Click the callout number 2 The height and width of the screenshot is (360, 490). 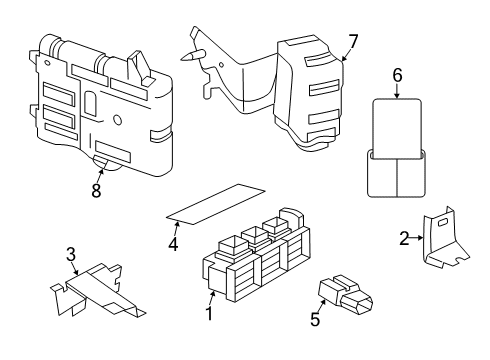[x=405, y=238]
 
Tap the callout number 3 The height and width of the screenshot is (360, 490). [x=71, y=255]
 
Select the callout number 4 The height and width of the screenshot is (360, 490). [x=173, y=243]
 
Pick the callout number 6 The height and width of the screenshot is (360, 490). [x=396, y=74]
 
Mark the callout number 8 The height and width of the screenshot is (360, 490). [x=96, y=190]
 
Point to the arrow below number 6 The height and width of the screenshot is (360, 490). [x=396, y=92]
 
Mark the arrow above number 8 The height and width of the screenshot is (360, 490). [x=98, y=170]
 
